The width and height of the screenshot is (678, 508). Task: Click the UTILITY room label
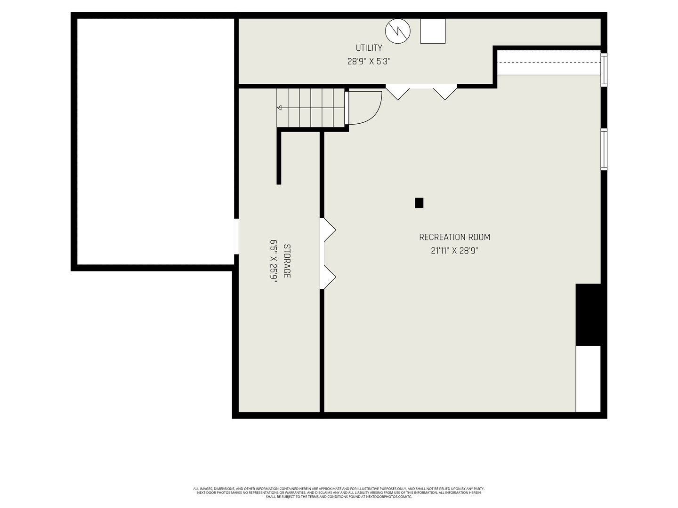click(369, 48)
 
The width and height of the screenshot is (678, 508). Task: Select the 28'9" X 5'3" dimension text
click(369, 62)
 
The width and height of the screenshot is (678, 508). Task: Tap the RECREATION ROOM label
click(454, 237)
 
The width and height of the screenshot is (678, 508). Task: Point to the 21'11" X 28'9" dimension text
click(454, 251)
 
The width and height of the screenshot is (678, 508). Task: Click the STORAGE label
click(287, 261)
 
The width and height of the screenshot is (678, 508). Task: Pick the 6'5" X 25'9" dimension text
click(274, 261)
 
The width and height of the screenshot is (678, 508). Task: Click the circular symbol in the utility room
click(397, 31)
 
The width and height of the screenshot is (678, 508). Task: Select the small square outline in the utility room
click(433, 31)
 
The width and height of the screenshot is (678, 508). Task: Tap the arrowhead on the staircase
click(279, 108)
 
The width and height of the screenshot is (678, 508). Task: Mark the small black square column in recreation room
click(419, 203)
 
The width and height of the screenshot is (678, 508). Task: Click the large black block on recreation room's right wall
click(588, 314)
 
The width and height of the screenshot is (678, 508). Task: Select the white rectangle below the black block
click(588, 379)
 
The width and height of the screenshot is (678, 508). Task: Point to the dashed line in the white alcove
click(549, 62)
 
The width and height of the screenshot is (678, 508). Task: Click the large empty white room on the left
click(155, 142)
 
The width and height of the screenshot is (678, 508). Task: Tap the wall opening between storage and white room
click(236, 236)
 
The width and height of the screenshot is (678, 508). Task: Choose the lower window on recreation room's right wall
click(604, 149)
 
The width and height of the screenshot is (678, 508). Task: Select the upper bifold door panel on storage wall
click(329, 230)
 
